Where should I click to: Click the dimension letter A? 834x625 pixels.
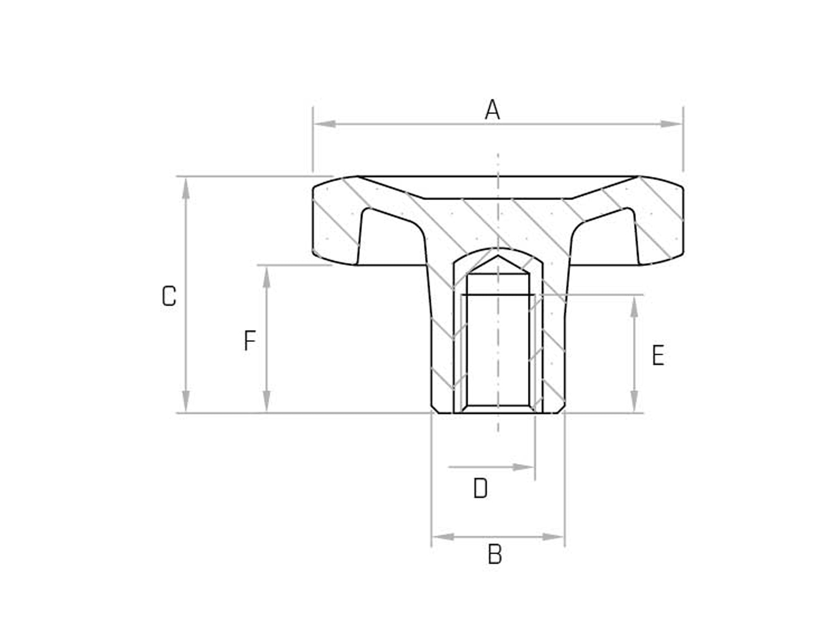[x=492, y=110]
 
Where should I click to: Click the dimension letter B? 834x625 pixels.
[x=495, y=555]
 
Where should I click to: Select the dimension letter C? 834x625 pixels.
[x=169, y=296]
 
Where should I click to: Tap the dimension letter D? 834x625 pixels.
[x=480, y=488]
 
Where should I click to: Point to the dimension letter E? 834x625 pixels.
[x=658, y=355]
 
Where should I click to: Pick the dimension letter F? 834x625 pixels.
[x=249, y=341]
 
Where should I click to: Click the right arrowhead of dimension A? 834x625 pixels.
[x=672, y=124]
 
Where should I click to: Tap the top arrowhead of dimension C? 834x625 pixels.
[x=186, y=188]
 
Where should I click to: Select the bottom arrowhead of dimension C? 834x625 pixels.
[x=186, y=402]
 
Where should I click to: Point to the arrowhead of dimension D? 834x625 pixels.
[x=524, y=467]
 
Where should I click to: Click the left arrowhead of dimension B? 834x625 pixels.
[x=442, y=537]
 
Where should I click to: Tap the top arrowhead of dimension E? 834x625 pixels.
[x=634, y=307]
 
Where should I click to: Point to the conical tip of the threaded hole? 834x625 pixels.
[x=498, y=259]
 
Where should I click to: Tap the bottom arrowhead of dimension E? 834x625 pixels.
[x=634, y=402]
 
